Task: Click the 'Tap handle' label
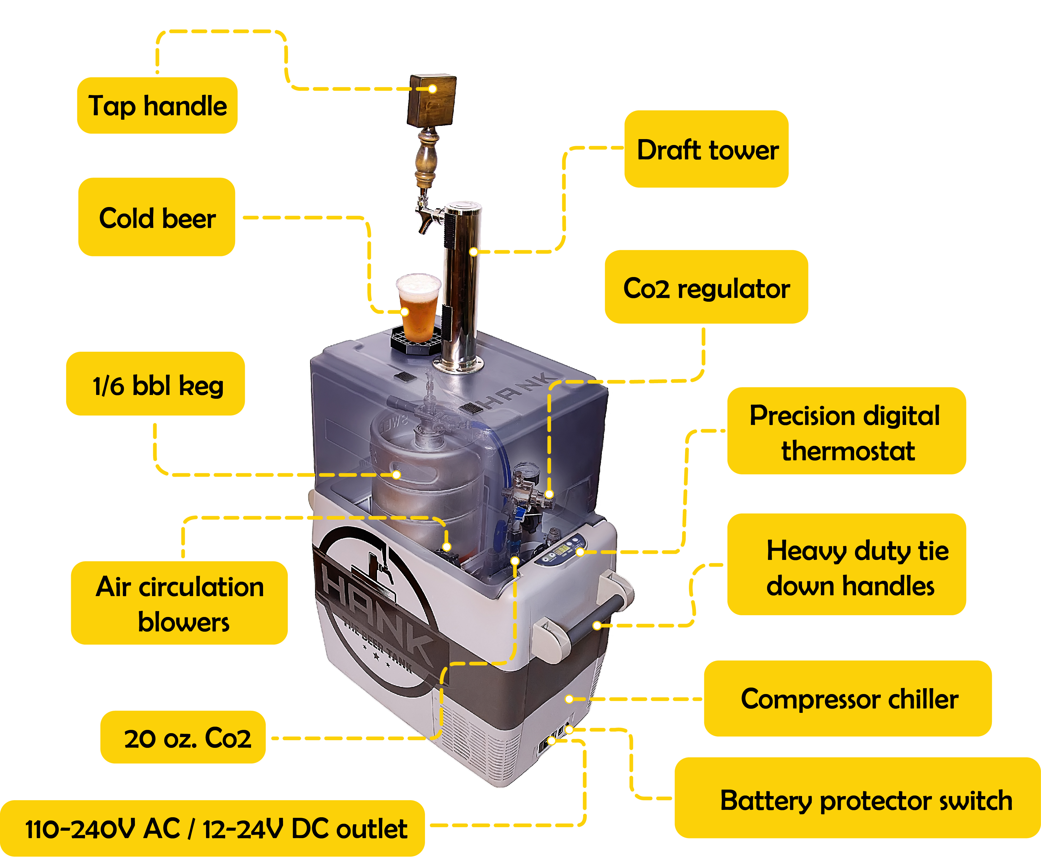tap(157, 106)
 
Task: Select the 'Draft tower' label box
tap(707, 149)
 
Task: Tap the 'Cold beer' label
tap(157, 218)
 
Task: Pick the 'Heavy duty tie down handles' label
tap(846, 566)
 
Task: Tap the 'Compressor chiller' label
tap(847, 698)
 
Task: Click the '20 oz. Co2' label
tap(183, 738)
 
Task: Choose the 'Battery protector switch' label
tap(858, 800)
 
